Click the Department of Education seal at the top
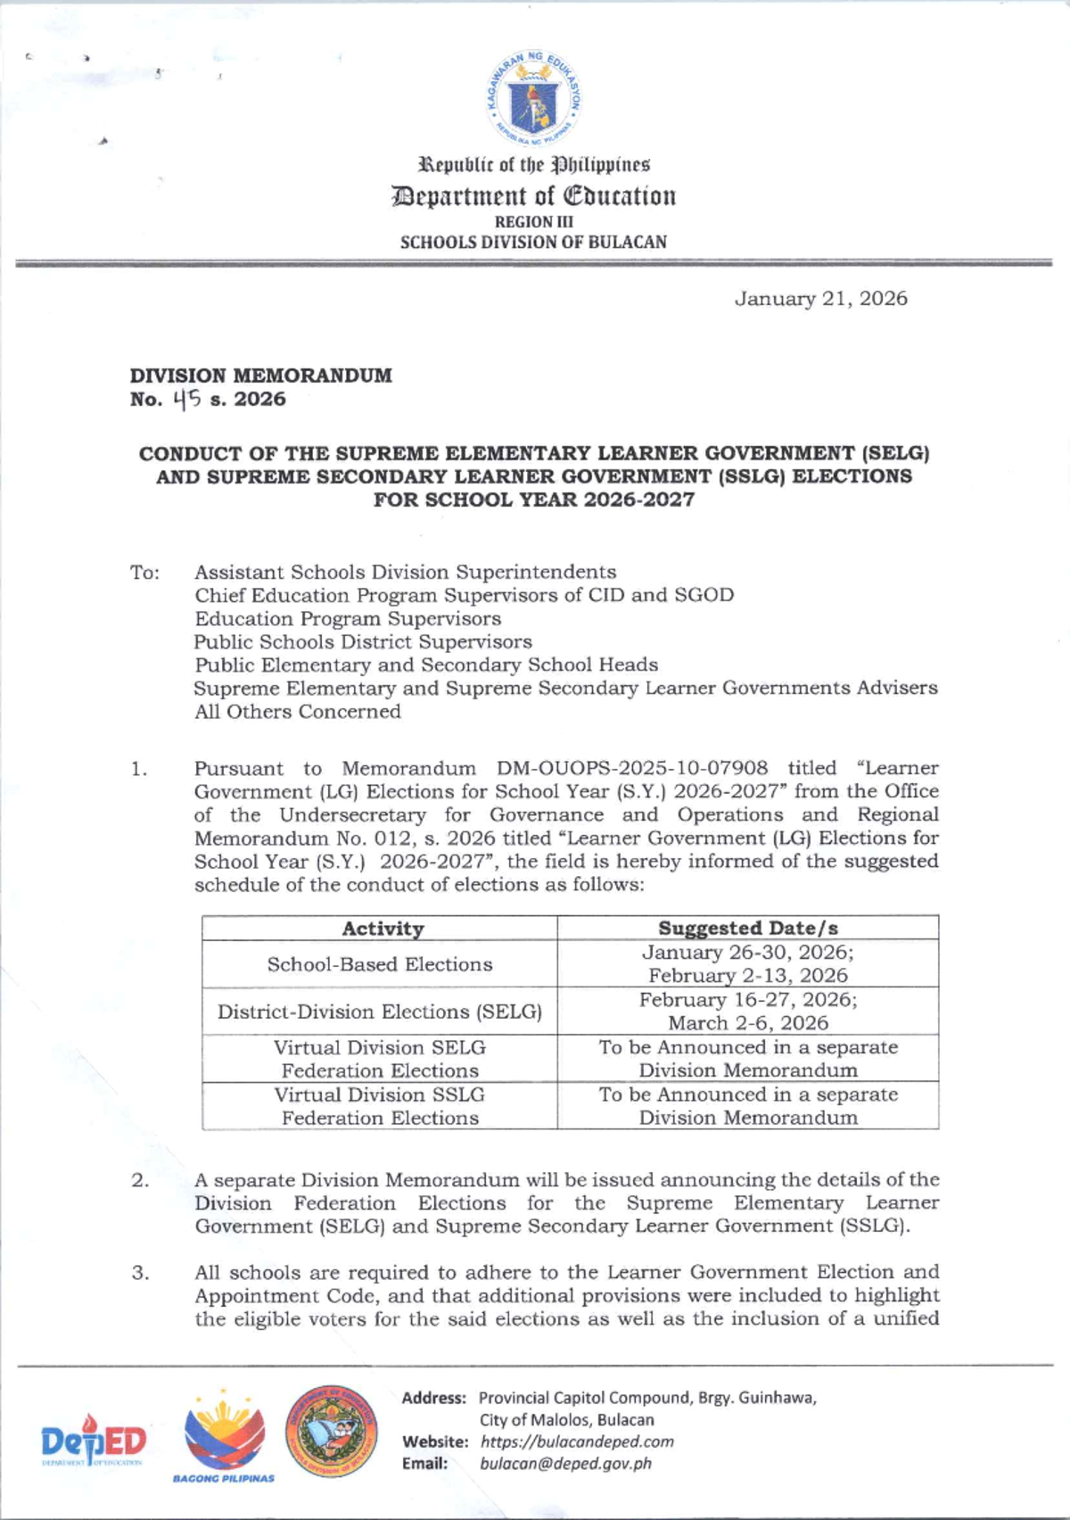pyautogui.click(x=533, y=97)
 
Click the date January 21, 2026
pyautogui.click(x=820, y=299)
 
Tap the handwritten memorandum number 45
pyautogui.click(x=187, y=400)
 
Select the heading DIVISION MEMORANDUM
pyautogui.click(x=260, y=376)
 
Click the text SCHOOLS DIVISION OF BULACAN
pyautogui.click(x=533, y=242)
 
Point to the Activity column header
pyautogui.click(x=383, y=929)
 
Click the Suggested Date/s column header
pyautogui.click(x=747, y=929)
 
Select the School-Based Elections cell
pyautogui.click(x=380, y=964)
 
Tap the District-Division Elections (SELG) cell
pyautogui.click(x=380, y=1012)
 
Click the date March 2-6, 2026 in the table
pyautogui.click(x=748, y=1023)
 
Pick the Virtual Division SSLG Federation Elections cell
pyautogui.click(x=380, y=1106)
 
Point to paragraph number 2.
pyautogui.click(x=140, y=1180)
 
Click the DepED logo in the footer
pyautogui.click(x=94, y=1442)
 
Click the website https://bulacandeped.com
pyautogui.click(x=576, y=1442)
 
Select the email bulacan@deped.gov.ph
pyautogui.click(x=565, y=1464)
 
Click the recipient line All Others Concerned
pyautogui.click(x=298, y=712)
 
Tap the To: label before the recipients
pyautogui.click(x=144, y=573)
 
